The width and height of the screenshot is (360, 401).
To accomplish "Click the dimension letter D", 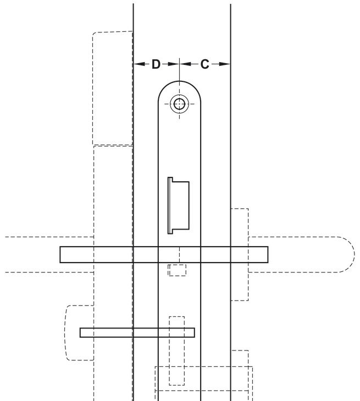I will (x=156, y=65).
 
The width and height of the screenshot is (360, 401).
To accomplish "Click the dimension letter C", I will (x=204, y=65).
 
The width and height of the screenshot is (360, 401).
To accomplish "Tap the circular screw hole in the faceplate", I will (x=179, y=104).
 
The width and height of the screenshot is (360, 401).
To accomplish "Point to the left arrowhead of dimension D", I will (x=137, y=64).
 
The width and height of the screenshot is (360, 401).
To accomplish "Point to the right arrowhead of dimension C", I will (x=226, y=64).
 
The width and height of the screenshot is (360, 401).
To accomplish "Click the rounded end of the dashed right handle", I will (x=346, y=254).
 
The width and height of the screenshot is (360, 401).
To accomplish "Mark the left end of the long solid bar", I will (x=62, y=254).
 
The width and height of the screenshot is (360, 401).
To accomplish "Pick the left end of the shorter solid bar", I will (x=82, y=332).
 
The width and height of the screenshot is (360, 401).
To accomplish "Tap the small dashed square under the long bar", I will (x=177, y=270).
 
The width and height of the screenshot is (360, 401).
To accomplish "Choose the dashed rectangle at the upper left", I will (x=112, y=88).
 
